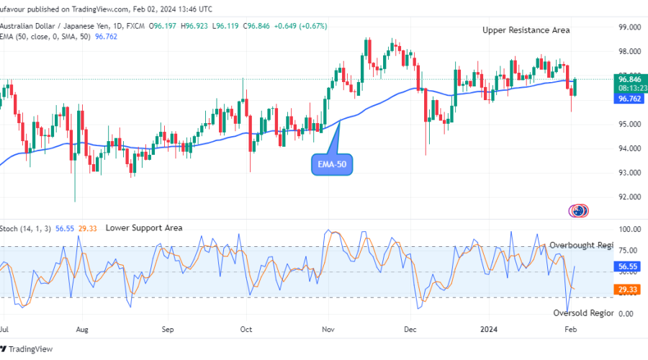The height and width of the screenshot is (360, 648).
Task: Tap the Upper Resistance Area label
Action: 526,30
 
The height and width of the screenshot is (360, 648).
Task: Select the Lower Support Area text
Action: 144,228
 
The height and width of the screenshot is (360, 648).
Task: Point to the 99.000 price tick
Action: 629,27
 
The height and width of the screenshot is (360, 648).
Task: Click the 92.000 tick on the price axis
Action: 629,197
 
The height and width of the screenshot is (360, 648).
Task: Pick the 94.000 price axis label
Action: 629,148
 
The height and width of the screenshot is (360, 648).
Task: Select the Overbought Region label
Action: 581,245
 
